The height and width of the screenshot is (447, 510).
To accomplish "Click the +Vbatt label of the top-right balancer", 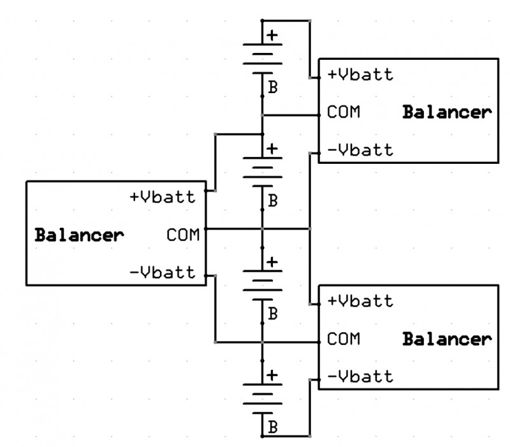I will [x=360, y=75].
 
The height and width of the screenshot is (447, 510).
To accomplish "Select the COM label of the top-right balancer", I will [x=344, y=112].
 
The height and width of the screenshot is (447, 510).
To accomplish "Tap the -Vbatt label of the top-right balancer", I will [x=360, y=150].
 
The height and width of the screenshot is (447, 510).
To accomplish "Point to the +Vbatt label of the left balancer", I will [x=162, y=197].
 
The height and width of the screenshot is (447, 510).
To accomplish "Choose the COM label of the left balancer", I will [x=183, y=235].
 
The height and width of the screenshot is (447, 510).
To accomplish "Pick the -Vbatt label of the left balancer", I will [x=162, y=272].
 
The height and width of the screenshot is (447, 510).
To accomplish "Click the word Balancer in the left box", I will [x=79, y=235].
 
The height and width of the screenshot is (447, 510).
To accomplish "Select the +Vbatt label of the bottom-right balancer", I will [x=360, y=300].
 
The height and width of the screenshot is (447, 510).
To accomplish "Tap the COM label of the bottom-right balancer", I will [x=344, y=339].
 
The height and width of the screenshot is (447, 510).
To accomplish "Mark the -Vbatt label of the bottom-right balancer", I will [x=360, y=376].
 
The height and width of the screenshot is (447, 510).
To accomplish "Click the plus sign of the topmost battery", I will [x=272, y=36].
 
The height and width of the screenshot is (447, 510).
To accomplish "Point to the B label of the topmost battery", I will [x=273, y=88].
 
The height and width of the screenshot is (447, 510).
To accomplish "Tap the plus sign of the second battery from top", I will [x=272, y=149].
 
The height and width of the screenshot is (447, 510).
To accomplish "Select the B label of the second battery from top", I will [x=273, y=201].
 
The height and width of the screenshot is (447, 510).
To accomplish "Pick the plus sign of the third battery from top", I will [x=272, y=262].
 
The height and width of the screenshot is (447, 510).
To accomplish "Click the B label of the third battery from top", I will [x=273, y=314].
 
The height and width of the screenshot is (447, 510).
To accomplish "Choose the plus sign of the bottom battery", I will [x=272, y=375].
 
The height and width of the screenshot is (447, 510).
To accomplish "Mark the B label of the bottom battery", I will [x=273, y=426].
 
